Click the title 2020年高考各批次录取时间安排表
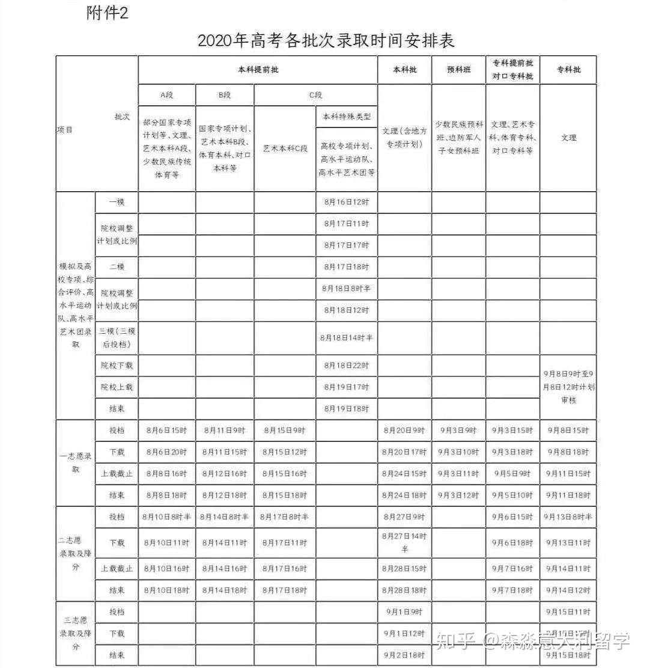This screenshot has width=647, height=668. (326, 40)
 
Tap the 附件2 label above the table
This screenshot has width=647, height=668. (108, 13)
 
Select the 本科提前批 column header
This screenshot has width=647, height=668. (258, 70)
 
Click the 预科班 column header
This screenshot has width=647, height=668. (458, 70)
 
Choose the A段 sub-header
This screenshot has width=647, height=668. (166, 95)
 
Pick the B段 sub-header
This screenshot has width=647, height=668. (225, 95)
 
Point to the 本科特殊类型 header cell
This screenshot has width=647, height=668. (347, 117)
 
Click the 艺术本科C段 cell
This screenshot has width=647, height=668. (285, 148)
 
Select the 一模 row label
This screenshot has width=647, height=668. (117, 202)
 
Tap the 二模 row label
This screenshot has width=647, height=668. (117, 266)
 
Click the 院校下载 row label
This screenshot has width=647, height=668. (117, 365)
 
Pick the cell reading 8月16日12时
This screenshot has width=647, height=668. (347, 202)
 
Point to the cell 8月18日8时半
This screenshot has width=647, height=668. (347, 289)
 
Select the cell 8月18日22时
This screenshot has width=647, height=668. (347, 365)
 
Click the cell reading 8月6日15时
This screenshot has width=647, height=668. (166, 431)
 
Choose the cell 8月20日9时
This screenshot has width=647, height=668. (404, 431)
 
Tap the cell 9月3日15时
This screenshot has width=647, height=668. (512, 431)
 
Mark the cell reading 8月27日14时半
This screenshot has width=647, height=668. (404, 542)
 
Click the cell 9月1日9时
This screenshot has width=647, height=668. (404, 612)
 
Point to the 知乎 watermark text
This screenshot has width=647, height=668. (455, 640)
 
